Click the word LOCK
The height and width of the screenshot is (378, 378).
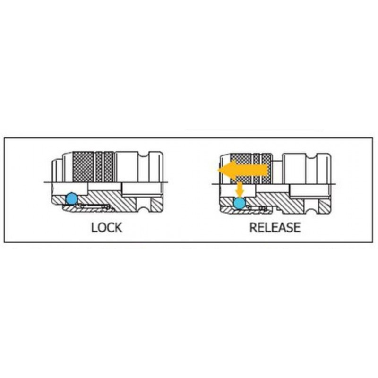[x=106, y=227]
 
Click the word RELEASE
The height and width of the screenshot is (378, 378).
[x=275, y=227]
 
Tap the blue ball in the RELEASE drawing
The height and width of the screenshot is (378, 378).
[x=240, y=203]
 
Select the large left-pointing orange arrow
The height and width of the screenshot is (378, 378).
[x=243, y=170]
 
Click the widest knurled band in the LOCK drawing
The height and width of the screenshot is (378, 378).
[x=83, y=166]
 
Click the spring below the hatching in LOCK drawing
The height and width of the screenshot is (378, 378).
[x=94, y=206]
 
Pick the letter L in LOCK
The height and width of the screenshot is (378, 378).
[x=94, y=227]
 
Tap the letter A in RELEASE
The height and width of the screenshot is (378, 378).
[x=282, y=227]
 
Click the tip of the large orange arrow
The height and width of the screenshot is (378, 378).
[x=218, y=170]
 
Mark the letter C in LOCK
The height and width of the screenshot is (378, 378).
[x=110, y=227]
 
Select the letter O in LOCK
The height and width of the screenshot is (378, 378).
[x=102, y=227]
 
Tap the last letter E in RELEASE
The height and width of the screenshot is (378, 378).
[x=296, y=227]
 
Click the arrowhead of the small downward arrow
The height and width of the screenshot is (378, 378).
[x=240, y=194]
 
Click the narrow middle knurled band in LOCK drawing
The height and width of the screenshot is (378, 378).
[x=99, y=166]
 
